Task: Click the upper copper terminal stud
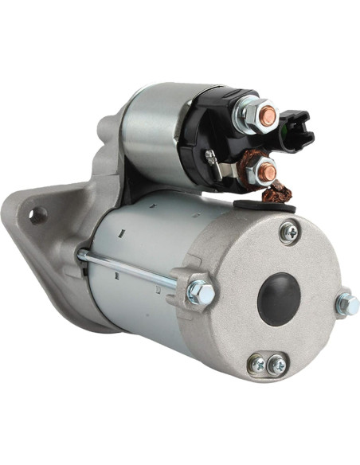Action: point(268,116)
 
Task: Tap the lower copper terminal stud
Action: point(269,170)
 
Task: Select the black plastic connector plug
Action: point(297,131)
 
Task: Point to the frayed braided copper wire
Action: point(278,192)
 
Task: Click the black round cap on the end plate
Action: point(279,299)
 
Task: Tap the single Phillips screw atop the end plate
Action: point(289,232)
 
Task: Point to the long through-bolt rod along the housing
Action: point(127,268)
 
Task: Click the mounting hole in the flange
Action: point(36,215)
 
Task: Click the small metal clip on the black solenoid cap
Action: point(211,157)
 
